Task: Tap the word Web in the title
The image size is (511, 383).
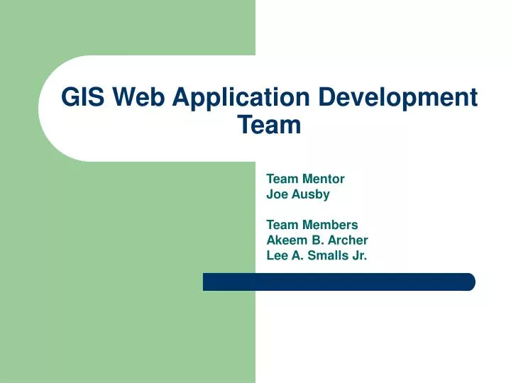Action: pyautogui.click(x=138, y=97)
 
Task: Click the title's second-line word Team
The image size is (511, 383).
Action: pyautogui.click(x=269, y=126)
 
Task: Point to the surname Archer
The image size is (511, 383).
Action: pyautogui.click(x=348, y=240)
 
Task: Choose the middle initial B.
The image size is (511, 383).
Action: pyautogui.click(x=315, y=240)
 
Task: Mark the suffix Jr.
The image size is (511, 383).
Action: pyautogui.click(x=359, y=255)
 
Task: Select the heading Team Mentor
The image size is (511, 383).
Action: pyautogui.click(x=305, y=179)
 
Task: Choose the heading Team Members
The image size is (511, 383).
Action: pyautogui.click(x=312, y=226)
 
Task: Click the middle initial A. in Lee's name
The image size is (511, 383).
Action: pyautogui.click(x=298, y=255)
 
